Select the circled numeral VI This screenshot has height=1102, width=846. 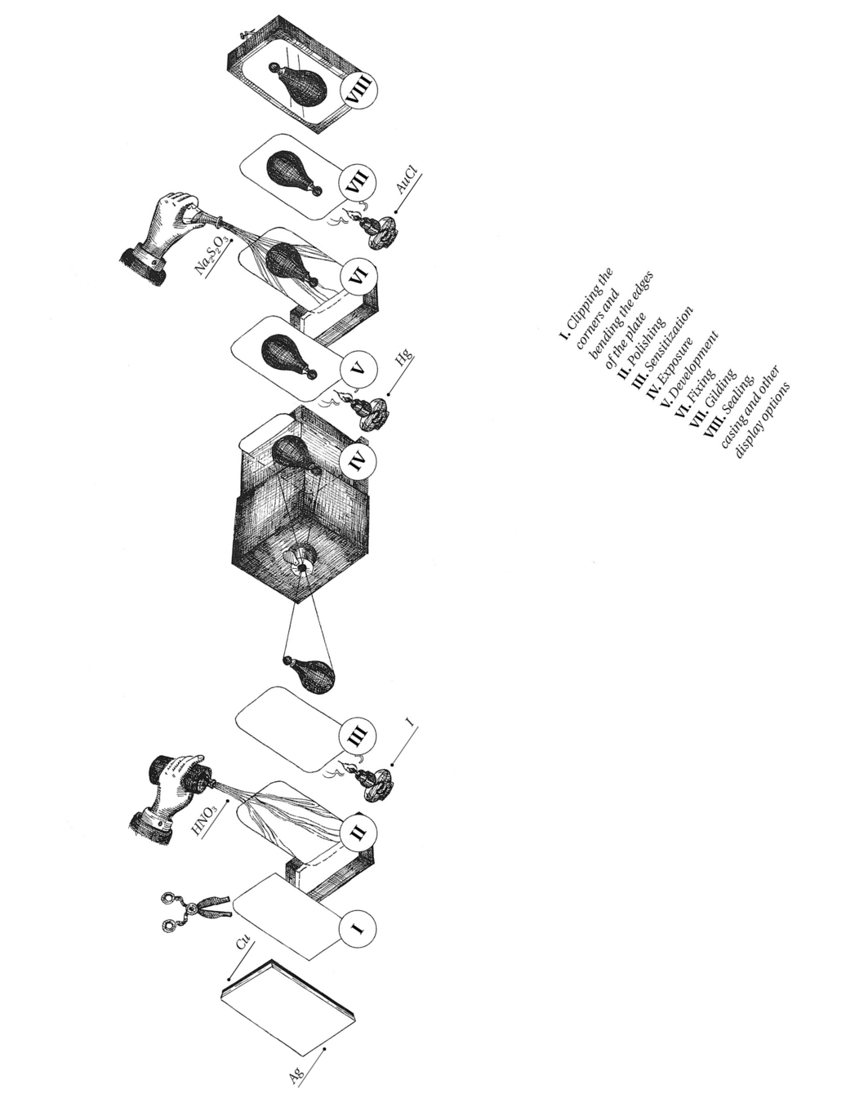pyautogui.click(x=359, y=275)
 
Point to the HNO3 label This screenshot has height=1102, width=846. pyautogui.click(x=204, y=820)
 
